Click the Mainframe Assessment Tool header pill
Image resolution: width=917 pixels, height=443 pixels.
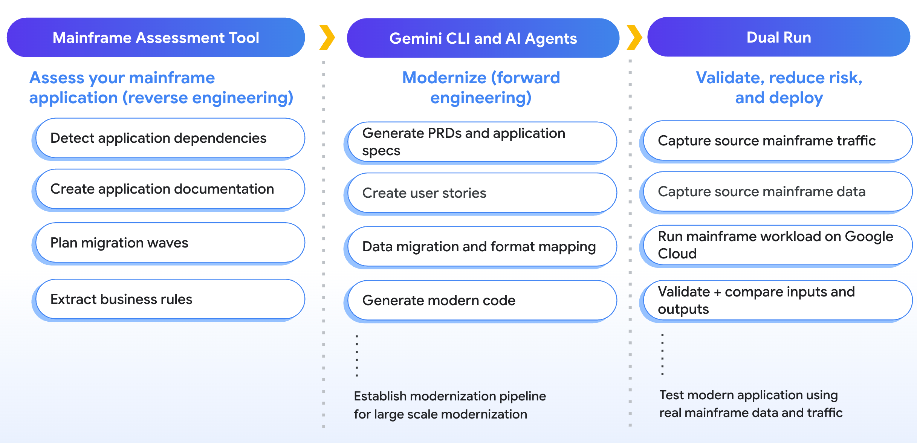(156, 38)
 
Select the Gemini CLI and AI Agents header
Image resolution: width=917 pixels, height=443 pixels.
(483, 38)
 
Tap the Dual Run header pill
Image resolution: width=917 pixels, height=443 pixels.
(778, 37)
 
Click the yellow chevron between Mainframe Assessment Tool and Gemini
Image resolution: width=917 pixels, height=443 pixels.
(327, 37)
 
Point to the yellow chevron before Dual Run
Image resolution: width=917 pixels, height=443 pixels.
(634, 37)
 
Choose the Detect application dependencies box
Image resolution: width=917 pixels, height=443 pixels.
(170, 138)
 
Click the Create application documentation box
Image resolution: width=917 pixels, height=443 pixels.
(170, 189)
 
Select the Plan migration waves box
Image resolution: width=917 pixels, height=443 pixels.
(170, 243)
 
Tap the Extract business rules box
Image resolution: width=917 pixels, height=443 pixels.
(170, 299)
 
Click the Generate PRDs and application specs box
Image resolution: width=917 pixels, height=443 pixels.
(481, 142)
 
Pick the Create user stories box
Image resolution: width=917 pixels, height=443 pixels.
(481, 193)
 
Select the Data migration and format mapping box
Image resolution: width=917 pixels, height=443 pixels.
(481, 247)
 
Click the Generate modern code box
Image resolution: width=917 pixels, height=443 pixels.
(481, 301)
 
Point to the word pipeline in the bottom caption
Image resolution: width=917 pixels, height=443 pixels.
(522, 396)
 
